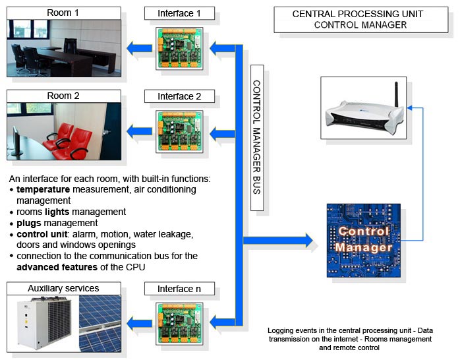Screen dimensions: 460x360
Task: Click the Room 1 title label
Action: point(63,13)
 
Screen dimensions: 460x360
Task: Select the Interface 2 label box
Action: point(179,96)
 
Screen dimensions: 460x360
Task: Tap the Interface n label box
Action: point(179,289)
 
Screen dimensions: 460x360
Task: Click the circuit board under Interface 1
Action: point(179,48)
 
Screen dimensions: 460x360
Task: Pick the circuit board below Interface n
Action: point(179,324)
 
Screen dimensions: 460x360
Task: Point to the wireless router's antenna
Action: point(396,94)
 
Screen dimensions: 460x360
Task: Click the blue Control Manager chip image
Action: point(364,240)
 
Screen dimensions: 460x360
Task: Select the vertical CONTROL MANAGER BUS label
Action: point(257,138)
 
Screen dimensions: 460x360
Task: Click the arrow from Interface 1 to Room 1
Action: point(139,48)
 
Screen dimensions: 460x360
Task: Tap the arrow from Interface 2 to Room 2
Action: point(139,131)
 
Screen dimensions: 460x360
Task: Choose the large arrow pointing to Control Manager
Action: point(278,241)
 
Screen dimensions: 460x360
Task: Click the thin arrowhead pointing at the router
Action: point(409,108)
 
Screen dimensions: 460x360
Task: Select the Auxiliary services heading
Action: point(63,288)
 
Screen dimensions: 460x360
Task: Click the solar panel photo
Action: point(100,324)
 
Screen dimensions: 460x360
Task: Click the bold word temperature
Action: point(43,189)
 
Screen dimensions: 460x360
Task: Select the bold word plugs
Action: point(29,224)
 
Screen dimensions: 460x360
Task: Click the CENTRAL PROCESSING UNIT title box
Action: point(361,20)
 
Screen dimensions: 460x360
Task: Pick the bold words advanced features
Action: point(57,267)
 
